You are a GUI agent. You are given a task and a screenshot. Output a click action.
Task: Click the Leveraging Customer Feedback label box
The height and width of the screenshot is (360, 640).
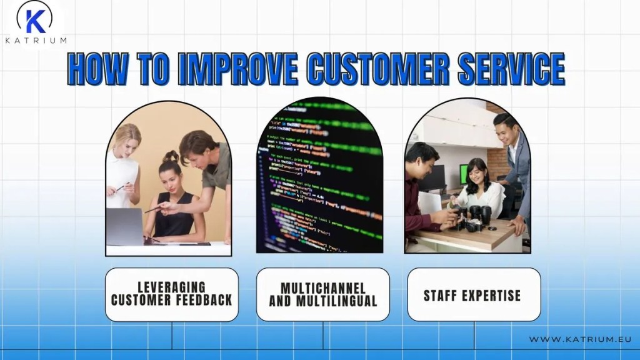pyautogui.click(x=171, y=294)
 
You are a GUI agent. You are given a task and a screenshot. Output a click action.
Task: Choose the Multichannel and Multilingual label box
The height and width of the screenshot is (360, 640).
pyautogui.click(x=322, y=294)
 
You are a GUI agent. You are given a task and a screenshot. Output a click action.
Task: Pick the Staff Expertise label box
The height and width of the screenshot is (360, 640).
pyautogui.click(x=473, y=294)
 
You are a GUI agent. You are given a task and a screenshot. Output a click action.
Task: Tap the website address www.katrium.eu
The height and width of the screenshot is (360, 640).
pyautogui.click(x=579, y=339)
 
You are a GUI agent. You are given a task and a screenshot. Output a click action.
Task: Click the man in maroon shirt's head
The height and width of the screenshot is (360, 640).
pyautogui.click(x=421, y=160)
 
